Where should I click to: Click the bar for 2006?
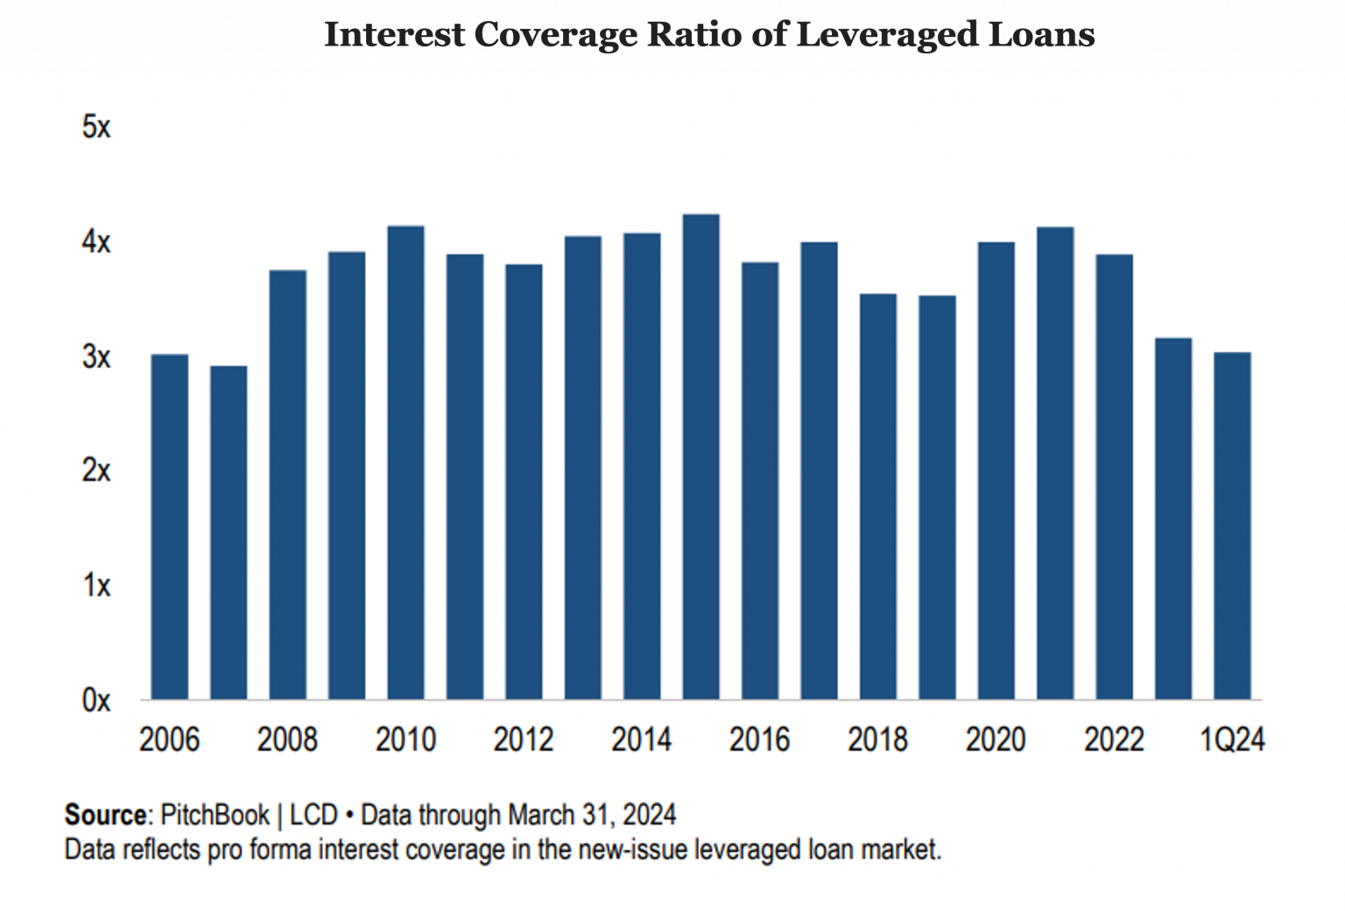169,526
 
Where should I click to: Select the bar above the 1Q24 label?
1232,526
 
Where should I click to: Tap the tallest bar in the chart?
701,455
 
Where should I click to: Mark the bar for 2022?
1114,477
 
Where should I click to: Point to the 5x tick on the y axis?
96,128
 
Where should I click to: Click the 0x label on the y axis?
96,701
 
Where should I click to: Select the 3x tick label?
96,357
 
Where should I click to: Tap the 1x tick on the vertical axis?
96,585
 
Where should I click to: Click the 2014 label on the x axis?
641,740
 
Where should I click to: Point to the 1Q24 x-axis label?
1232,740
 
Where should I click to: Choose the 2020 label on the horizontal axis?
996,740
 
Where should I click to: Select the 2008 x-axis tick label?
287,740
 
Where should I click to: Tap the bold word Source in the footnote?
105,815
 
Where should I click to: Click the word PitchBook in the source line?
215,815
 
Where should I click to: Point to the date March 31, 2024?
592,815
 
